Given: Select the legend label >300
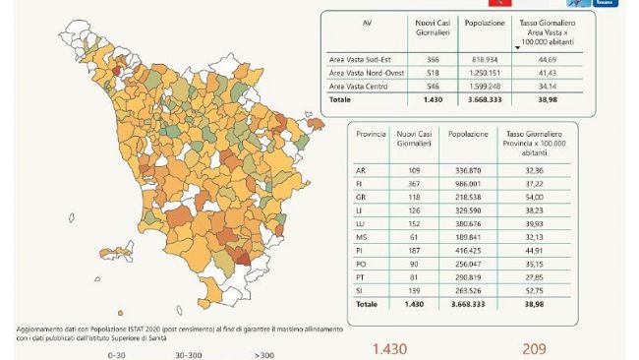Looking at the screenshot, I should click(263, 354).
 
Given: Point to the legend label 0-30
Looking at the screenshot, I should click(117, 354).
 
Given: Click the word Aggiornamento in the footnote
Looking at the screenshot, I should click(43, 328).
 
